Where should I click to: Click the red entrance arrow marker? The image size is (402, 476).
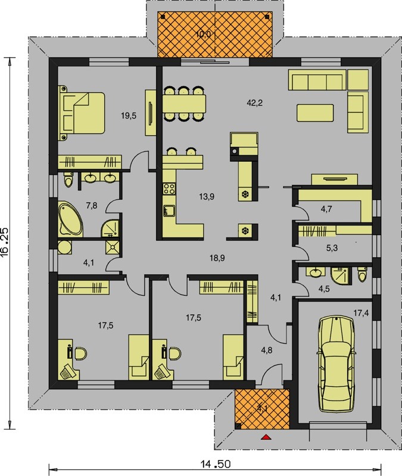point(266,437)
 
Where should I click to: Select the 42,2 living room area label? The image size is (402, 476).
point(255,103)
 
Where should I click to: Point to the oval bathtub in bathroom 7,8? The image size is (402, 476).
point(70,220)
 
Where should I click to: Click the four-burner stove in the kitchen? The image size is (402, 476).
point(169,189)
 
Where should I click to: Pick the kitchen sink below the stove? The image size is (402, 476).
point(169,211)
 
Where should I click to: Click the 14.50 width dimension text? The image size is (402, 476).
point(216,464)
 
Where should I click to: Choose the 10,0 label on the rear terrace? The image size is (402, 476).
point(203,35)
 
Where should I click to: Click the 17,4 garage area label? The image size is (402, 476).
point(362,313)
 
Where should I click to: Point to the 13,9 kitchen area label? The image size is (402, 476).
point(207,197)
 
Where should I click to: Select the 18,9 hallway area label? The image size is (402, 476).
point(217,258)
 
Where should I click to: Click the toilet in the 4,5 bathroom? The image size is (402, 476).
point(362,274)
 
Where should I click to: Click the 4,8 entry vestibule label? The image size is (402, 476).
point(266,350)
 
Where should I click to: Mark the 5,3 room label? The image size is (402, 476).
point(332,248)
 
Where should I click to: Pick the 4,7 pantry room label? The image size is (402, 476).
point(326,209)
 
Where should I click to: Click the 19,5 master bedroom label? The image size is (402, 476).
point(129,115)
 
